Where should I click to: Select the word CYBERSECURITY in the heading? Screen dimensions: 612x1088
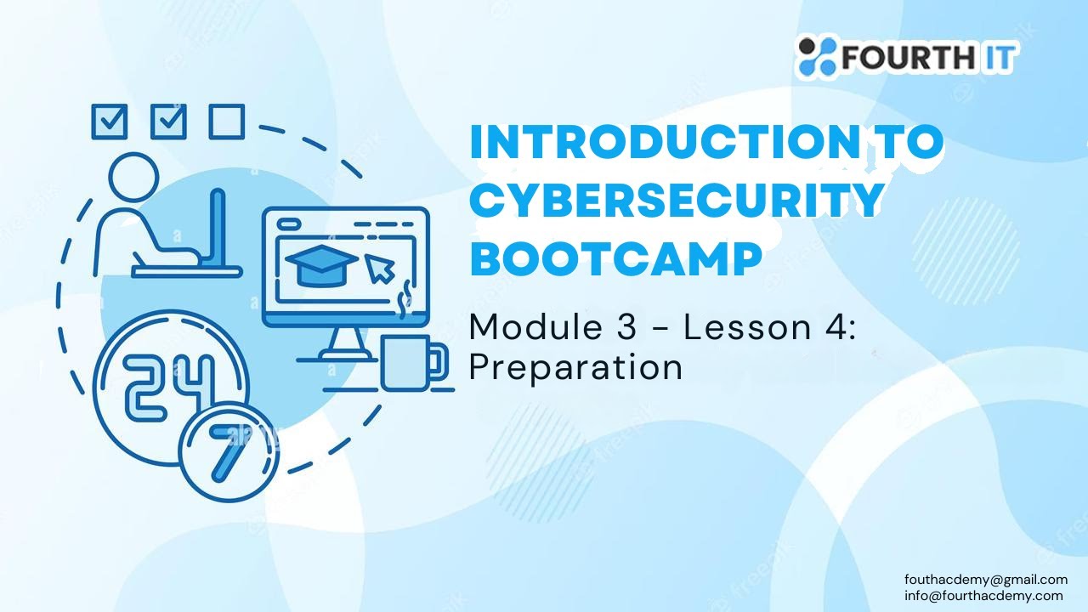coord(676,201)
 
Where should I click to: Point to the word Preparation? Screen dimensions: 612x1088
coord(575,367)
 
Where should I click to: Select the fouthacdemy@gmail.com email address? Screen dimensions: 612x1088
coord(986,580)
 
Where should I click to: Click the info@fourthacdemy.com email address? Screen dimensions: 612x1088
coord(983,595)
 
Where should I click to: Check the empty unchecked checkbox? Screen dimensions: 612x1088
coord(227,122)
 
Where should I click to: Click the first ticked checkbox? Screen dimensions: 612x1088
coord(109,122)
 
